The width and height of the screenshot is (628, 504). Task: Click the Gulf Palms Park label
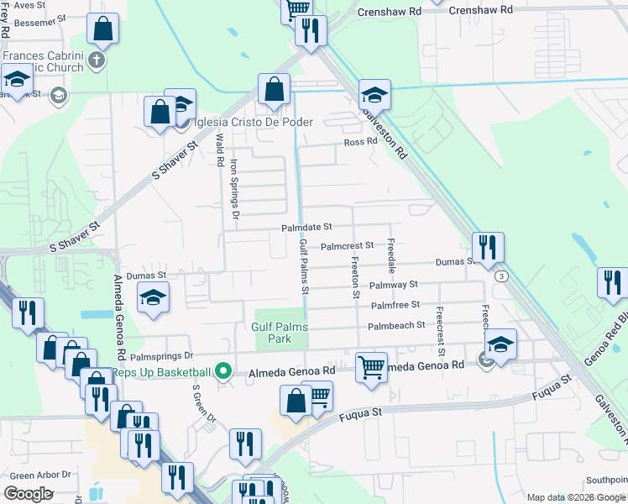280,333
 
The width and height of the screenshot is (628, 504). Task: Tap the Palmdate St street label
306,227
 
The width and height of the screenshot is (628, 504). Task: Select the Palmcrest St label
347,246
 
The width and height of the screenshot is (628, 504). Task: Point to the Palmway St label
394,286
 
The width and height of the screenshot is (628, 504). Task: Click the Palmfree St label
395,306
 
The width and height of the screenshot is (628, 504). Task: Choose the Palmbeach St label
397,325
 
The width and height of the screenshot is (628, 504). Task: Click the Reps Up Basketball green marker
222,370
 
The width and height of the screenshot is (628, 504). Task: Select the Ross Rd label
360,142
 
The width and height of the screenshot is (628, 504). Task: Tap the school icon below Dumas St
154,297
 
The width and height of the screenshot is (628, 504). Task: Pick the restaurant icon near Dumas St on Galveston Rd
487,247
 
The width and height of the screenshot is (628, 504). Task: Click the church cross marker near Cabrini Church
97,60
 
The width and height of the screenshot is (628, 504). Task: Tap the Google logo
28,493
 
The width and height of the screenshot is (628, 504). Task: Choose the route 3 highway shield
501,276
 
